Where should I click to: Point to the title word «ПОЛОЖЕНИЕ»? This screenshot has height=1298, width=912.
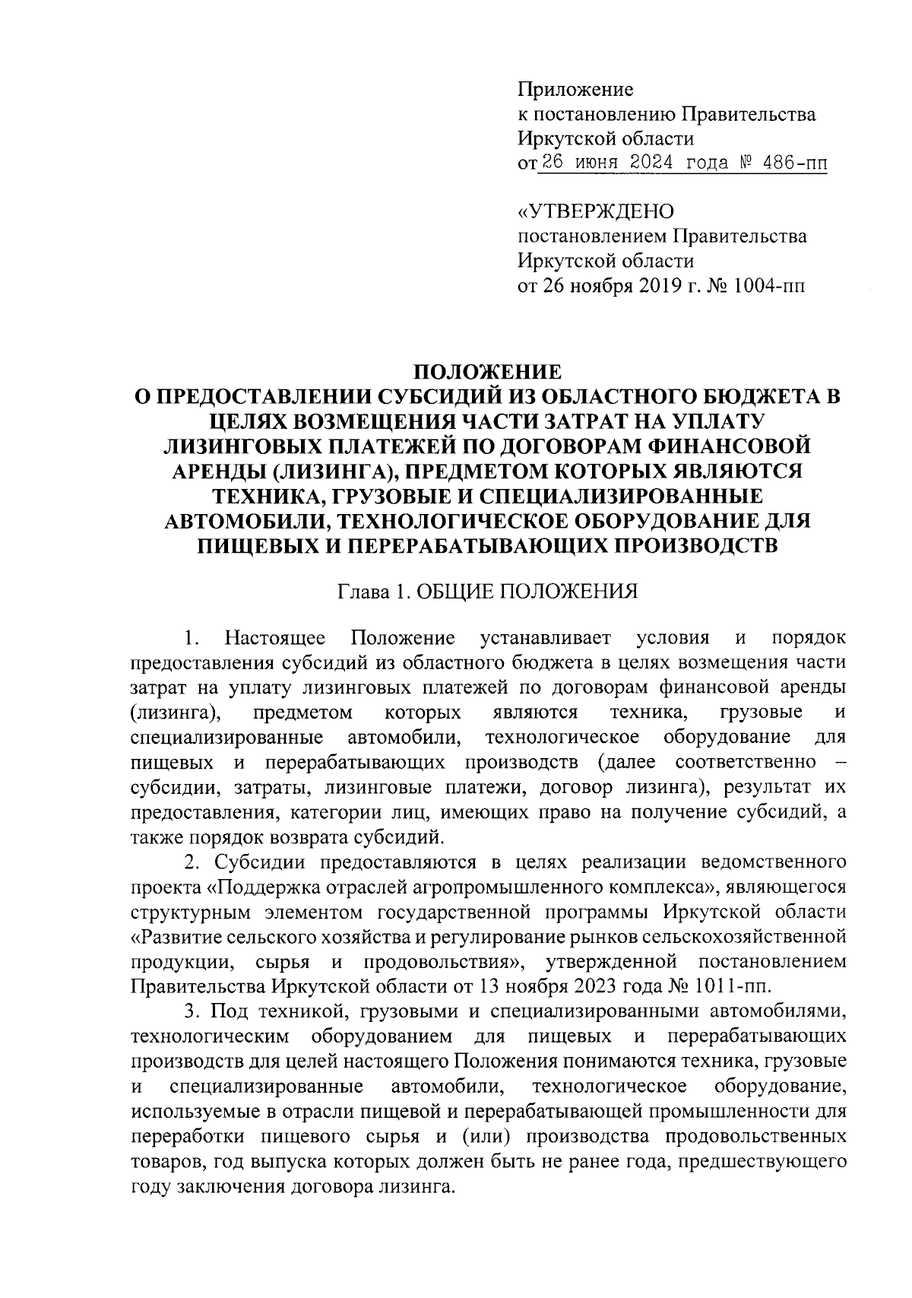(x=487, y=372)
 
